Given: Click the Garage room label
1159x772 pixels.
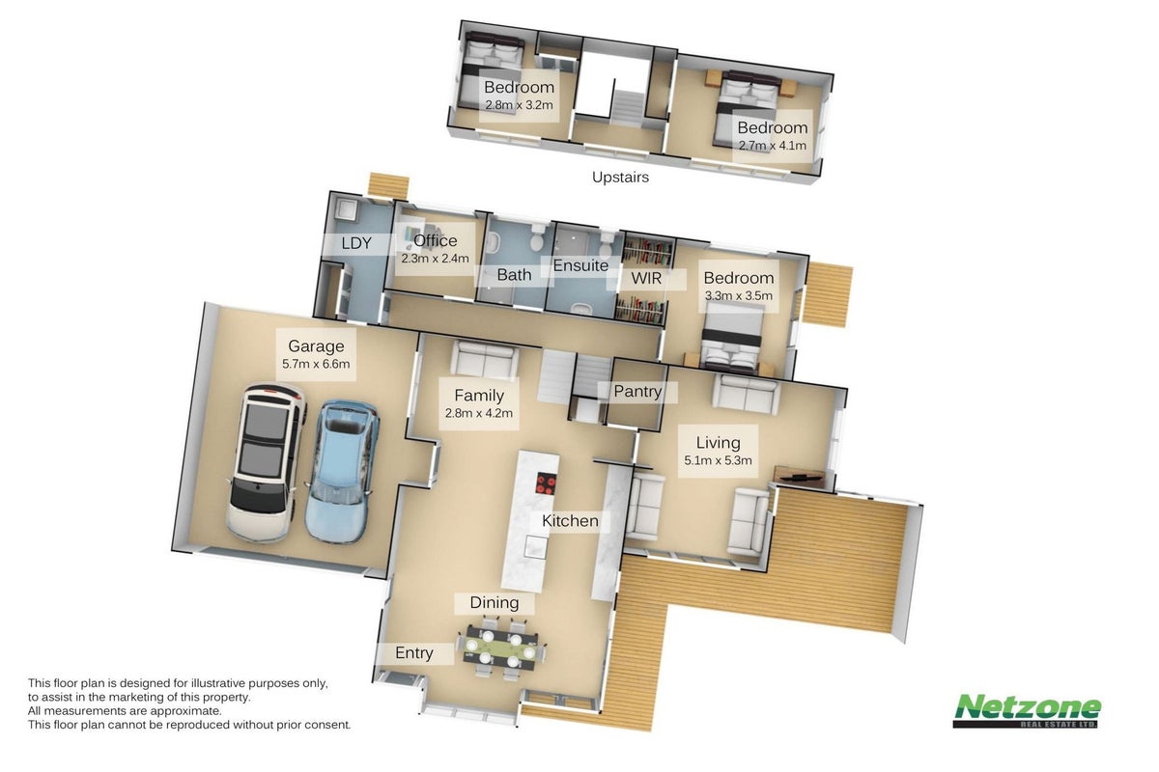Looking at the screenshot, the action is pyautogui.click(x=316, y=345).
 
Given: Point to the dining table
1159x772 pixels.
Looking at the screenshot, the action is pyautogui.click(x=500, y=648).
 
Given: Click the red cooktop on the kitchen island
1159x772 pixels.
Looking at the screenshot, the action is pyautogui.click(x=546, y=484).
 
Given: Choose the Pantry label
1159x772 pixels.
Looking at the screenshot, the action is pyautogui.click(x=637, y=392).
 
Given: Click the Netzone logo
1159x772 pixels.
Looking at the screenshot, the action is pyautogui.click(x=1027, y=711).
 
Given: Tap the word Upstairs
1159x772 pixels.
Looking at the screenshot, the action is pyautogui.click(x=620, y=178).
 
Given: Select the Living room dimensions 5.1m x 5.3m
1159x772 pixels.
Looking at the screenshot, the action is pyautogui.click(x=718, y=460).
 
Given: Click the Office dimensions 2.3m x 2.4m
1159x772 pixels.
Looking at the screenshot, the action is pyautogui.click(x=436, y=258).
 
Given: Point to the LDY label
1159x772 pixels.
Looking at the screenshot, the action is pyautogui.click(x=356, y=243).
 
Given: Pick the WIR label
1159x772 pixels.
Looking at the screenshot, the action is pyautogui.click(x=646, y=278).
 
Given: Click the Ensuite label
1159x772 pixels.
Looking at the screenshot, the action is pyautogui.click(x=580, y=265).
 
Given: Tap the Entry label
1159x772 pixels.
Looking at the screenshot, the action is pyautogui.click(x=414, y=653).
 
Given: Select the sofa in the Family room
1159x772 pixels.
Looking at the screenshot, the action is pyautogui.click(x=485, y=360).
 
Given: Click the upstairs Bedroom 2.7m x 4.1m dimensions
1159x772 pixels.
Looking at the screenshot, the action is pyautogui.click(x=772, y=146).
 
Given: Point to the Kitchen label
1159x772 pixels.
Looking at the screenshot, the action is pyautogui.click(x=570, y=521).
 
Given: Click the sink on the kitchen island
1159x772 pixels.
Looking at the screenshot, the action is pyautogui.click(x=535, y=546).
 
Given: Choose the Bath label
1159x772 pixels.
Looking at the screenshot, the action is pyautogui.click(x=514, y=275).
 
